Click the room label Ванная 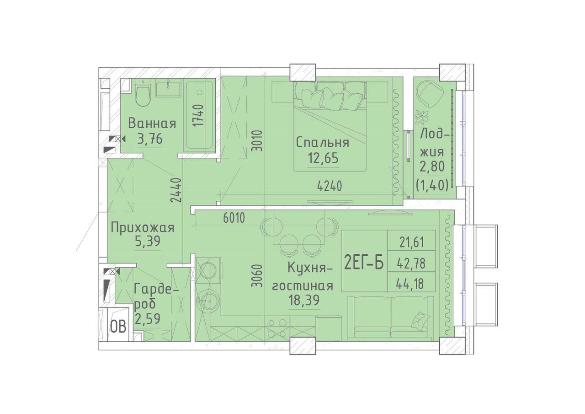[x=152, y=124]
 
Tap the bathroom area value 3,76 [x=150, y=139]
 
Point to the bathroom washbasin [x=168, y=90]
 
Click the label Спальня [x=323, y=143]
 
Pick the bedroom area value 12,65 [x=323, y=158]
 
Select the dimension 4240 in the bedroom [x=330, y=186]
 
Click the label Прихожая [x=143, y=228]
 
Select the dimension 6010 [x=234, y=218]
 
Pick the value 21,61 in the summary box [x=412, y=243]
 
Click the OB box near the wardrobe [x=118, y=327]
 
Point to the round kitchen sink [x=208, y=301]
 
